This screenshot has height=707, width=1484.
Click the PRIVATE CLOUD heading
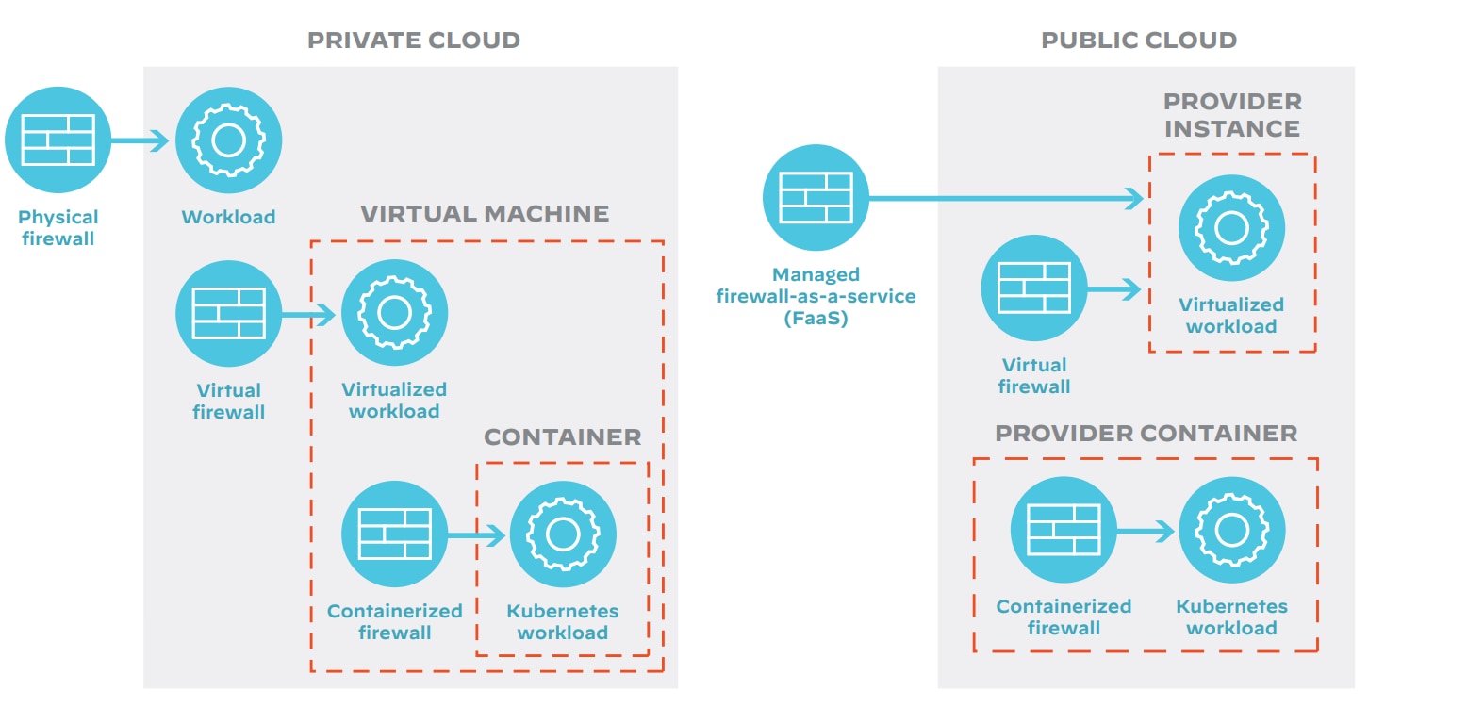(x=413, y=41)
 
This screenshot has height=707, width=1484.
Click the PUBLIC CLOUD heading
(x=1138, y=41)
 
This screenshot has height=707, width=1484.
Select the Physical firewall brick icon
(x=58, y=140)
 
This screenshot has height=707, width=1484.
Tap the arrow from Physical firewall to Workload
(x=141, y=140)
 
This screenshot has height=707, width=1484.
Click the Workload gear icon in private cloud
(x=228, y=140)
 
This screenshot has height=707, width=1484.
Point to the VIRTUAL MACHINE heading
(x=485, y=214)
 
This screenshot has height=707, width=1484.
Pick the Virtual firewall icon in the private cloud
(x=228, y=313)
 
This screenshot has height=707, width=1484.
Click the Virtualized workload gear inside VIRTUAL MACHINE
(x=394, y=313)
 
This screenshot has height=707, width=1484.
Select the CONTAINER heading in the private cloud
(x=562, y=437)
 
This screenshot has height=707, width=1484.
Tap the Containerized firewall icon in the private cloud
(x=394, y=534)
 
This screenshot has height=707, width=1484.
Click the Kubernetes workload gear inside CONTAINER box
(x=563, y=534)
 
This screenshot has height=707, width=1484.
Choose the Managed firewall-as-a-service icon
(x=816, y=197)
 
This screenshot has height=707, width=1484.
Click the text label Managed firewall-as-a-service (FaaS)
(x=816, y=296)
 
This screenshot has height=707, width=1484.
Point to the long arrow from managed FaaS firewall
(x=1004, y=198)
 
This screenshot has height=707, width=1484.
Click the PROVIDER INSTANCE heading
(x=1231, y=115)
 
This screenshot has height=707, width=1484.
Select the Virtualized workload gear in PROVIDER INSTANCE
(x=1231, y=227)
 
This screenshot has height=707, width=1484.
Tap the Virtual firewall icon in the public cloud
(x=1034, y=288)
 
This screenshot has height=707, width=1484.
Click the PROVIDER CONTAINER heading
(x=1146, y=434)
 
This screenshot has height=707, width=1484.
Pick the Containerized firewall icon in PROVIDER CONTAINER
(x=1064, y=529)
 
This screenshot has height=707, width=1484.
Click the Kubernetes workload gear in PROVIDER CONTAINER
(x=1231, y=529)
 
